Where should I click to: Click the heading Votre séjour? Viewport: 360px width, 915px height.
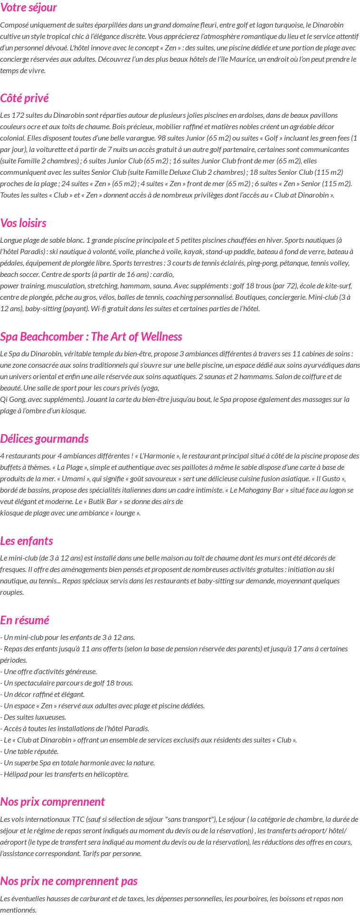[x=28, y=8]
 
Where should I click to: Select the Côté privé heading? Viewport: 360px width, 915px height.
[x=24, y=98]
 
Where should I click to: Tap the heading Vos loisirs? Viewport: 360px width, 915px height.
[x=23, y=223]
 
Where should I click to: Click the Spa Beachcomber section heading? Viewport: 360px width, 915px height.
[x=91, y=337]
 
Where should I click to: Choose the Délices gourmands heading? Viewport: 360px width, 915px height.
[x=44, y=438]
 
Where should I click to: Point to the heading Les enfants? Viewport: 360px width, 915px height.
[x=27, y=541]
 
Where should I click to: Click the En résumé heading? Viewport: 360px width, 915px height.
[x=25, y=620]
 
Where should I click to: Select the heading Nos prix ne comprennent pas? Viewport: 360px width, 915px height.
[x=69, y=881]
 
